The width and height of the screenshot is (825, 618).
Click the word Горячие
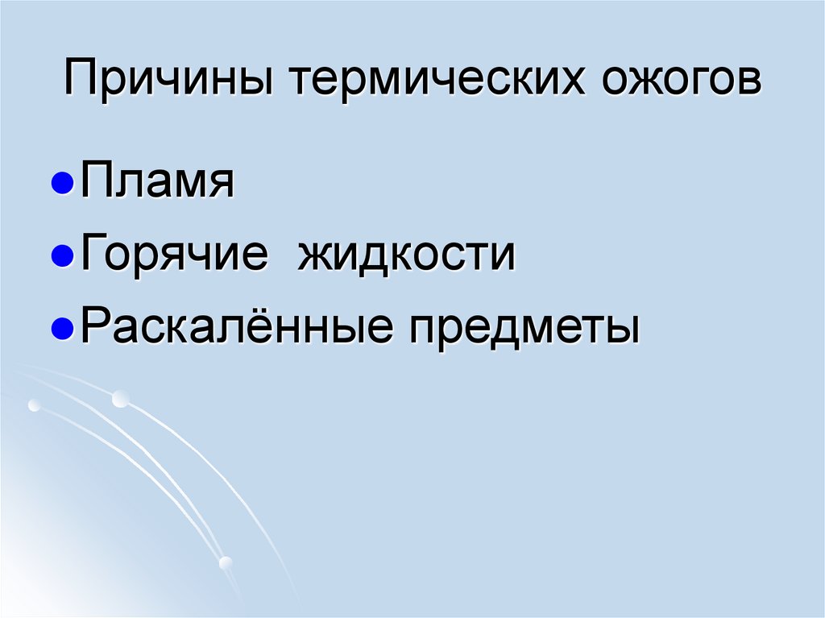coord(174,255)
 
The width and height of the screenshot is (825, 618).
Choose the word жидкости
coord(407,255)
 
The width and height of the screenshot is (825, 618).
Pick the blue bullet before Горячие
coord(69,258)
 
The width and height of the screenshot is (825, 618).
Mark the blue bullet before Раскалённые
coord(69,329)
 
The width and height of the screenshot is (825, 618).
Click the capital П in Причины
coord(81,81)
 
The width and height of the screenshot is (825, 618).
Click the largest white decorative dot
coord(120,397)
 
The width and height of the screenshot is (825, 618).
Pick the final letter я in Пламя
coord(221,187)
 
